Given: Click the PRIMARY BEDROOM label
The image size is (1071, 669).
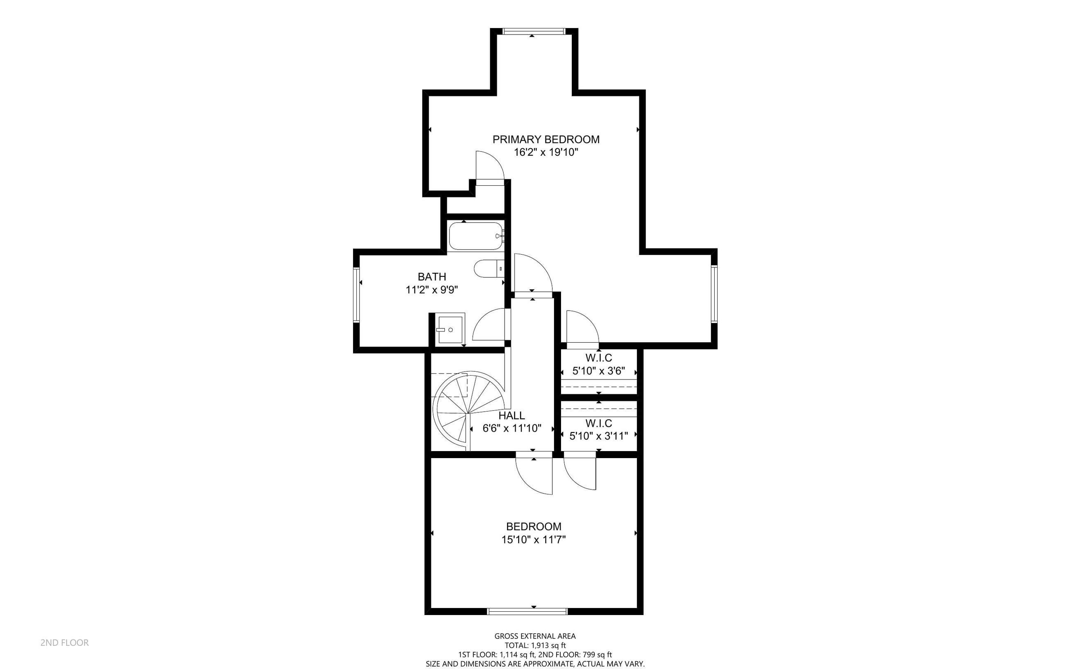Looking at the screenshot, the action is (546, 139).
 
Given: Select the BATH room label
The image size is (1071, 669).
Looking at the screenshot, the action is (432, 277).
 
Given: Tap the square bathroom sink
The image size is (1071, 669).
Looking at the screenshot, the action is (449, 330).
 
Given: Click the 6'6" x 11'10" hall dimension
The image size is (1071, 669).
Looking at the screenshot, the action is (512, 428).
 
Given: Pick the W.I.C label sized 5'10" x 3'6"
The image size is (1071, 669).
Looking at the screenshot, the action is (599, 358).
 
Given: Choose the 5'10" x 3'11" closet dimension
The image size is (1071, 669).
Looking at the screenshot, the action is (599, 436).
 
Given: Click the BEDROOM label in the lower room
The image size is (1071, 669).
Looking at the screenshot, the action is (533, 526).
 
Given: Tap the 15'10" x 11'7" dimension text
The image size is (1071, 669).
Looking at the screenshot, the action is (533, 540).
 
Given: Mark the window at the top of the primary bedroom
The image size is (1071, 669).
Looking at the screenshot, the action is (534, 31).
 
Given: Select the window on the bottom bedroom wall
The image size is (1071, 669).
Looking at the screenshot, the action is (527, 611).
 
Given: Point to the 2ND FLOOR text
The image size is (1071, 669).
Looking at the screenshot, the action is (65, 643).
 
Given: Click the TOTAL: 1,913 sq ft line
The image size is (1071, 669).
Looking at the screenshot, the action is (535, 646).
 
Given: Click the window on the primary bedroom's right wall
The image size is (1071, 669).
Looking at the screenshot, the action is (714, 294).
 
